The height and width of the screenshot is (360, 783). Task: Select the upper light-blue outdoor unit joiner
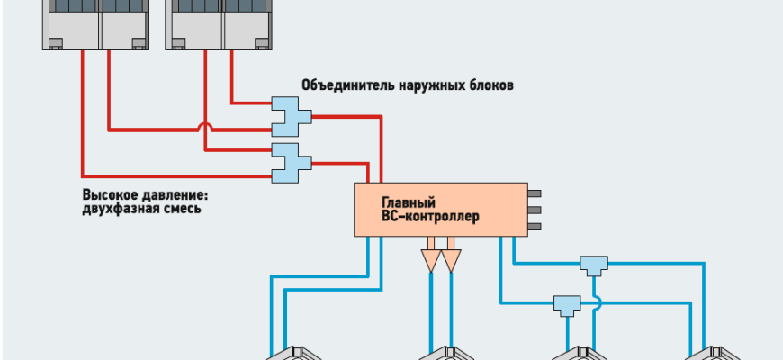coord(290,115)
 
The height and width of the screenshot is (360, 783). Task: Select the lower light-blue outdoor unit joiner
coord(290,160)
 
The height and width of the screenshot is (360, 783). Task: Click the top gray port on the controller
coord(534,193)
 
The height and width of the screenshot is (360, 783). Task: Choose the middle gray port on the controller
coord(534,211)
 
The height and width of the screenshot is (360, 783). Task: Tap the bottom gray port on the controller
coord(534,228)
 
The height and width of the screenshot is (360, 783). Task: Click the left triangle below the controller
coord(430,260)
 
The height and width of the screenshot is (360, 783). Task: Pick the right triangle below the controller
coord(451,260)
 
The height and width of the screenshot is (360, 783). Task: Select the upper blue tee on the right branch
coord(593,265)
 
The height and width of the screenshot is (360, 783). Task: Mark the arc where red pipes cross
coord(205,129)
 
